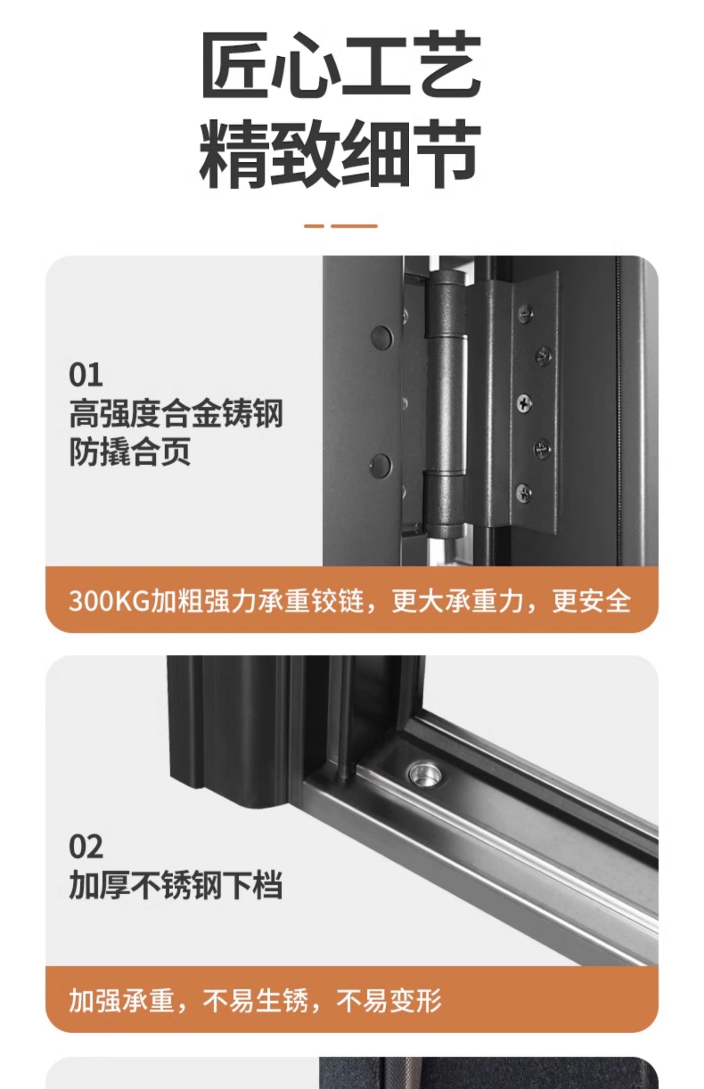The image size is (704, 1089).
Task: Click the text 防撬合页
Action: [x=130, y=453]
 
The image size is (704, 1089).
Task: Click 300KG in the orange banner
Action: [x=108, y=601]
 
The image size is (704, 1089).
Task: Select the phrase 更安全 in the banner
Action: [x=591, y=601]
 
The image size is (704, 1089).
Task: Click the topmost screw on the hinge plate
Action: [x=525, y=314]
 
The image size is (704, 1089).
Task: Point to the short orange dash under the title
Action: [x=314, y=226]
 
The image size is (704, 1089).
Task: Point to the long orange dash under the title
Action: [x=354, y=226]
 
